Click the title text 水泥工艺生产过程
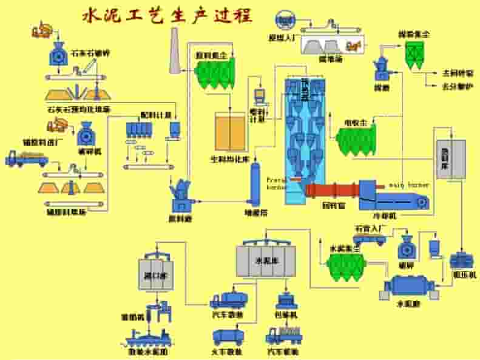tap(167, 15)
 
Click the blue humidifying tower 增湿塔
tap(255, 182)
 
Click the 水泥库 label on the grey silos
tap(265, 262)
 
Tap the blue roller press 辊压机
tap(464, 260)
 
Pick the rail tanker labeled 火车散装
tap(228, 336)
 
